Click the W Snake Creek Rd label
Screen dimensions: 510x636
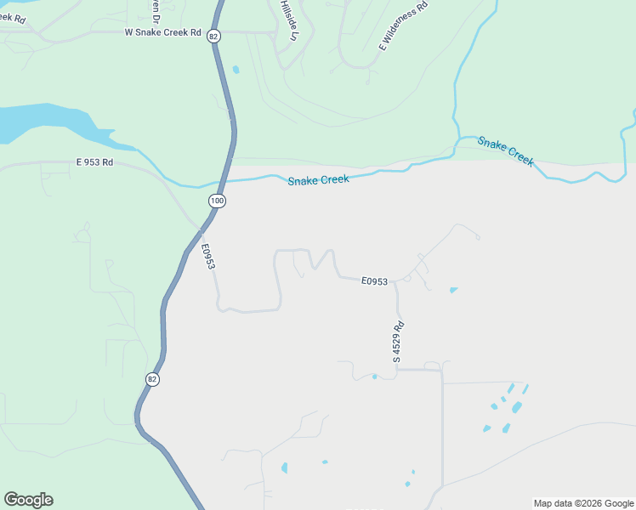(x=162, y=33)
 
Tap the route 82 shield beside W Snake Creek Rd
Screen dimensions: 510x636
(x=213, y=36)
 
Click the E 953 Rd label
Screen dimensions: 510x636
(x=94, y=161)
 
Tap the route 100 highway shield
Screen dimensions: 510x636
(x=217, y=200)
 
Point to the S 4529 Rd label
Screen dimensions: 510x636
(x=397, y=342)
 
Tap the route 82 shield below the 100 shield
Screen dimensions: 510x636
(x=152, y=379)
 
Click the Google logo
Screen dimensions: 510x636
(x=28, y=500)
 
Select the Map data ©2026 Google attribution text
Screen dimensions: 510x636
(x=582, y=503)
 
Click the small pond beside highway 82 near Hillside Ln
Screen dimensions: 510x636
(x=236, y=69)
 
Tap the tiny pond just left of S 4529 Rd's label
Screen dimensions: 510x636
(x=374, y=377)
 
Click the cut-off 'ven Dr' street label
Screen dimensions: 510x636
(x=156, y=9)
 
